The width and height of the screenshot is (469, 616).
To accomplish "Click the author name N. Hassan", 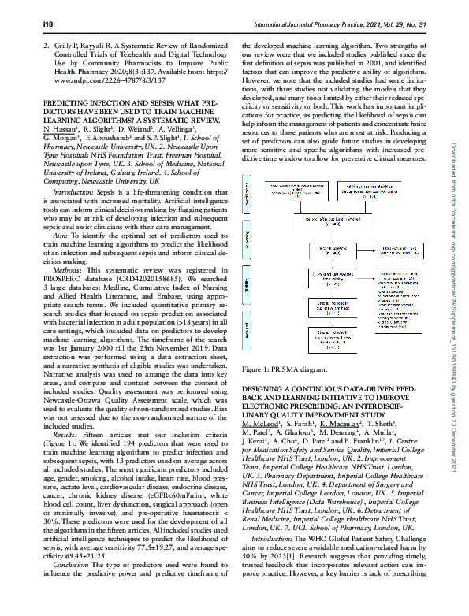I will pyautogui.click(x=61, y=148).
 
